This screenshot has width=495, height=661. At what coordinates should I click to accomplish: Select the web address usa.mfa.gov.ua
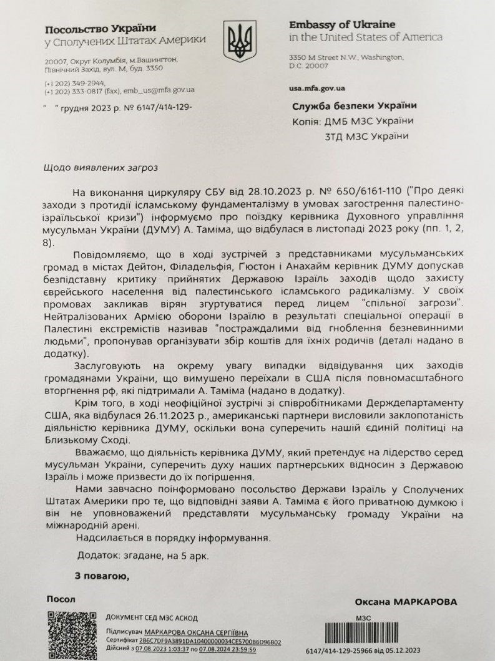(x=318, y=89)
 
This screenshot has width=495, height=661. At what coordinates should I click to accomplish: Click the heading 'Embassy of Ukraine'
(x=342, y=25)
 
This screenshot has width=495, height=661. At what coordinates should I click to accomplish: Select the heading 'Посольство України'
(x=100, y=28)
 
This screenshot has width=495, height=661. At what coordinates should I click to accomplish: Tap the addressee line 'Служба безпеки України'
(x=354, y=105)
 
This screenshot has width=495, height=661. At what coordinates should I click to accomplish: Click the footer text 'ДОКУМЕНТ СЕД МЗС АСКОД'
(x=149, y=617)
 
